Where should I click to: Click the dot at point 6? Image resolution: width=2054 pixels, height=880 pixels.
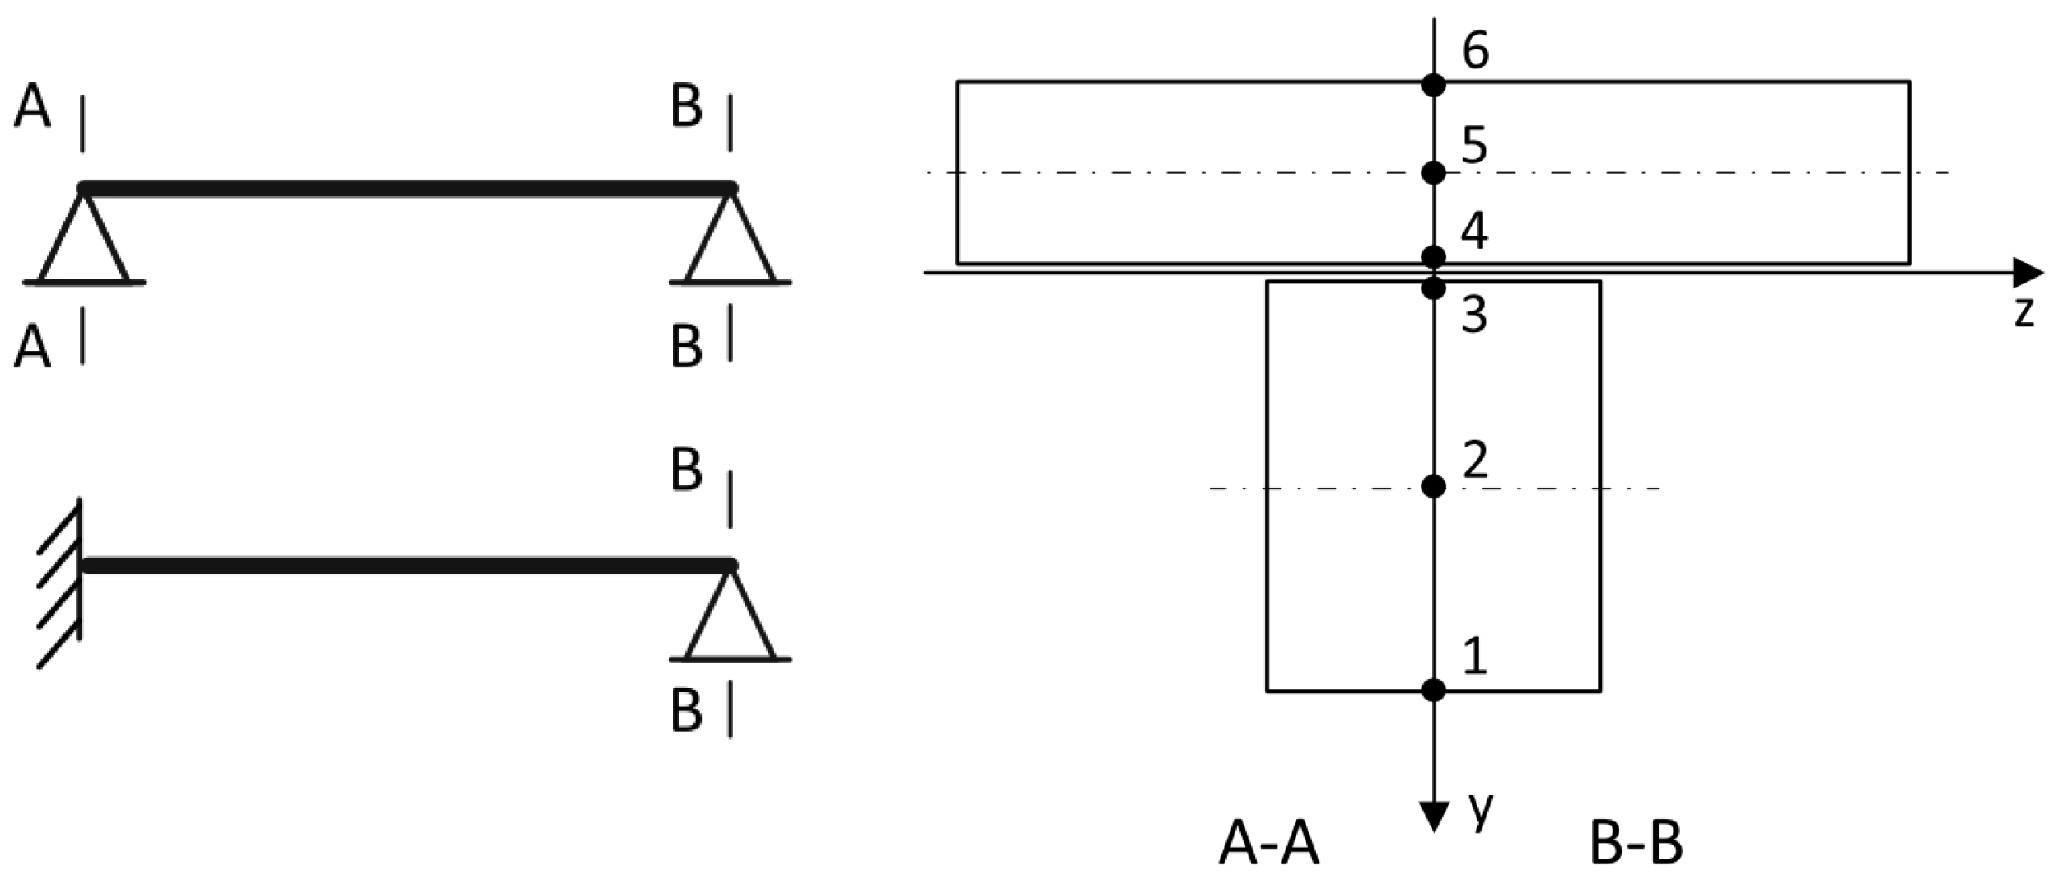click(1434, 84)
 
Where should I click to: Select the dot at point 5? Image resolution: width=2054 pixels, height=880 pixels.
click(1434, 173)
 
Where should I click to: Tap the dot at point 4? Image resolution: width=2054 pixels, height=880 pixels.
click(1434, 255)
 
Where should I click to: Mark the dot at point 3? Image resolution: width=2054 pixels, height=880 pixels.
click(1434, 288)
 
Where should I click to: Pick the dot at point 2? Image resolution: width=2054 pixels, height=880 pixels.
click(1434, 487)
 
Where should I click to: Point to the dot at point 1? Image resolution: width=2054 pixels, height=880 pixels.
click(1434, 690)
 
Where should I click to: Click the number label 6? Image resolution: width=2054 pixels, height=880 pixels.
click(1475, 51)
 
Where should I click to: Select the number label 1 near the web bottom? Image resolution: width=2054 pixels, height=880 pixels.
click(1475, 658)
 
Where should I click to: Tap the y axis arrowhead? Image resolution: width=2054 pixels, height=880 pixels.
click(1435, 816)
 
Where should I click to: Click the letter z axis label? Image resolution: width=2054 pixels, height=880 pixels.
click(2024, 314)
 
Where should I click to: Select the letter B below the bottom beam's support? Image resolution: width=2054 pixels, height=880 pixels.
click(686, 710)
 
